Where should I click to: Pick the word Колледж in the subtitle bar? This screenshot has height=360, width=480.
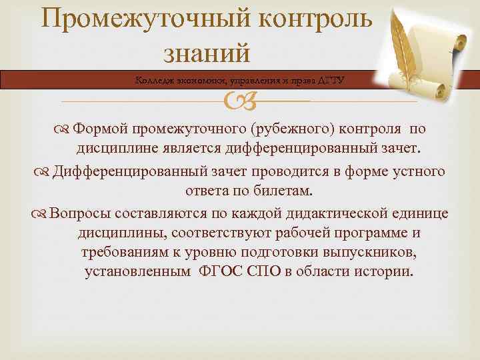tap(154, 80)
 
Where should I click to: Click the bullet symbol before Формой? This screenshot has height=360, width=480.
tap(63, 129)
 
